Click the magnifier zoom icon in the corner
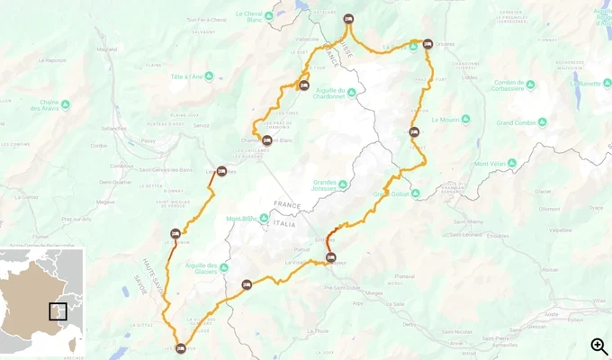(598, 346)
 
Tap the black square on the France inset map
(58, 311)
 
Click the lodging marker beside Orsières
(414, 132)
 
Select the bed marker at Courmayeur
(330, 258)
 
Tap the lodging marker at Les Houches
(221, 171)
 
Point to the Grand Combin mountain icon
(543, 122)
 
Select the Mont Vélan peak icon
(512, 163)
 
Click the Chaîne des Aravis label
(56, 105)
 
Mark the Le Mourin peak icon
(445, 120)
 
